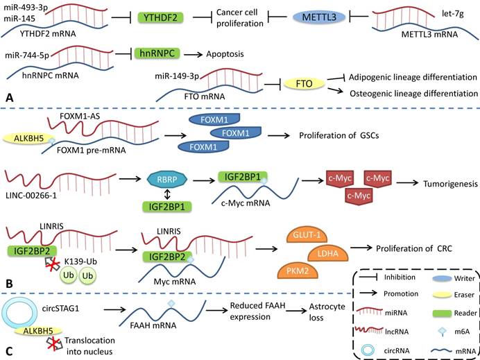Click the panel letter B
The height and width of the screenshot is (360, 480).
(x=8, y=284)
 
